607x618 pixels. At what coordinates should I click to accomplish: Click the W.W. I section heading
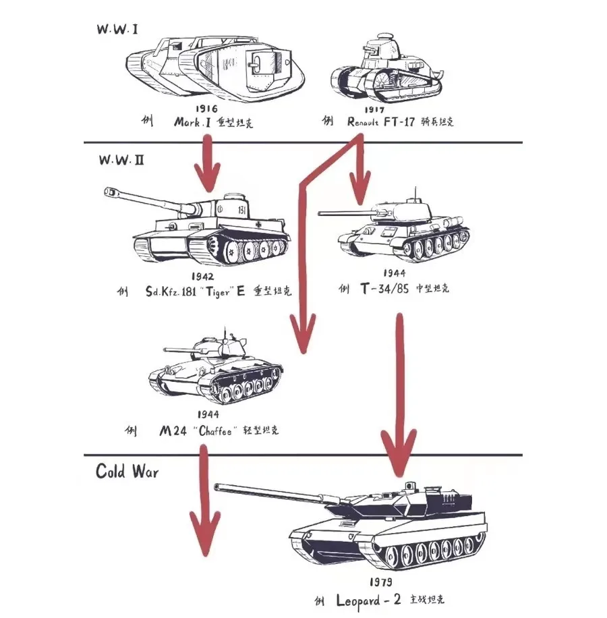[117, 30]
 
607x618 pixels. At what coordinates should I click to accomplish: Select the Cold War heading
[127, 470]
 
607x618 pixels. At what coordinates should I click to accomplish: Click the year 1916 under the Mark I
[206, 109]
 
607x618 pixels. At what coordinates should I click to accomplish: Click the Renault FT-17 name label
[389, 122]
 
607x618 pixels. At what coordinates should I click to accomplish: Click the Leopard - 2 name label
[368, 599]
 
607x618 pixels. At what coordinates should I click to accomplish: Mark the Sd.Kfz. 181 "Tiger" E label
[196, 292]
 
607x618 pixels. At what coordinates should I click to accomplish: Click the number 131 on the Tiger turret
[241, 210]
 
